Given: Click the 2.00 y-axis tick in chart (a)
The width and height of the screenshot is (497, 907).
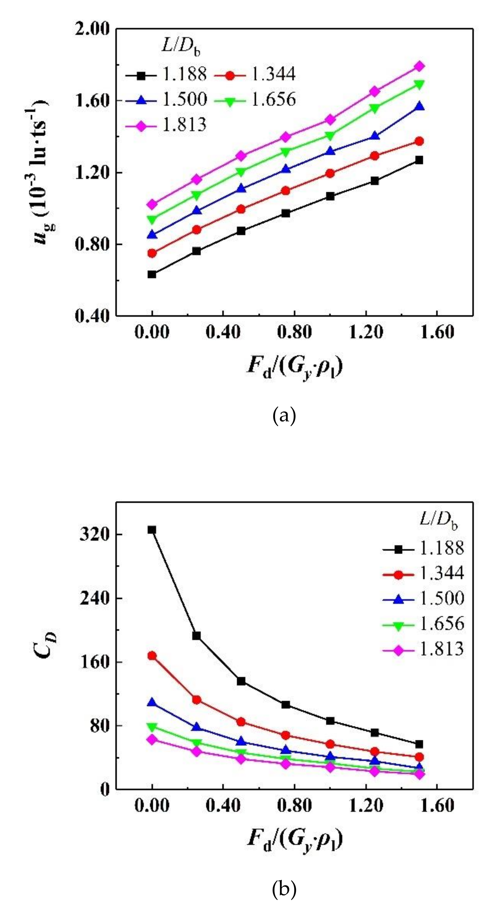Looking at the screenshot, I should tap(93, 29).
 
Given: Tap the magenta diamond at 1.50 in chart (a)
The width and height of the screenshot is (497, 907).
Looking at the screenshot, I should tap(419, 66).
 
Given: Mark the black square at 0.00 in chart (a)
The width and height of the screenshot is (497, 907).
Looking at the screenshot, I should tap(152, 274).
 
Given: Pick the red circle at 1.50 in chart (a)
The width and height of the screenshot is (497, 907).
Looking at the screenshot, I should tap(419, 141).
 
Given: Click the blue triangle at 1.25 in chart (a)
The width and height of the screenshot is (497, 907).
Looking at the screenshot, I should tap(374, 136).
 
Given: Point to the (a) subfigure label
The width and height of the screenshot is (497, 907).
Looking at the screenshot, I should tap(284, 416).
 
